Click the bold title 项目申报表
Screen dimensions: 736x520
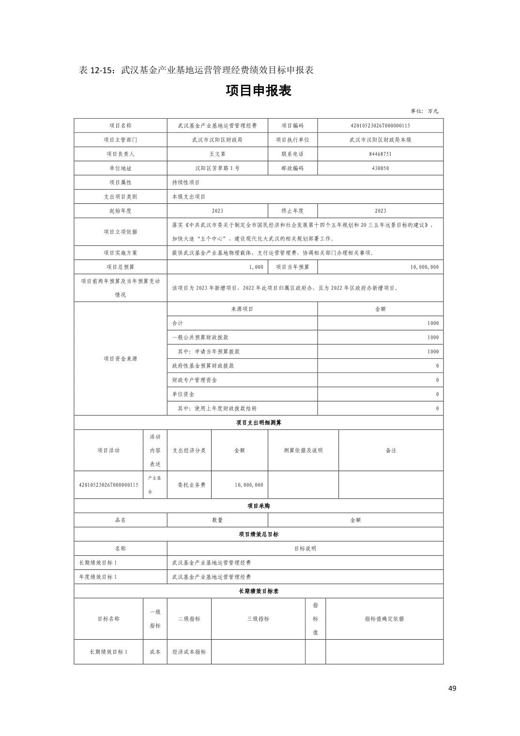259,91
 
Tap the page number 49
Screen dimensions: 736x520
452,688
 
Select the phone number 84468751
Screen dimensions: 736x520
380,154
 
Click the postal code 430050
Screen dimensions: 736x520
380,169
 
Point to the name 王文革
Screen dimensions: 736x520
217,154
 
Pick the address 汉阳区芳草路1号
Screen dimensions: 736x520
217,169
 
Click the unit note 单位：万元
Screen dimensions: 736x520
424,111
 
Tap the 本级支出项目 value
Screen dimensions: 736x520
189,197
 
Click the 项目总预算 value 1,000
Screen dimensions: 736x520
256,267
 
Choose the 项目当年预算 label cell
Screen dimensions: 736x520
292,267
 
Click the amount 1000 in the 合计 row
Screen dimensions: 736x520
433,323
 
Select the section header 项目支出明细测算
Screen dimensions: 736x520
259,422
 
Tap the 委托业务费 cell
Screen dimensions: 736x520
189,485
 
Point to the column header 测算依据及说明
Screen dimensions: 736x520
303,450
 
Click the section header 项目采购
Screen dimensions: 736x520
259,506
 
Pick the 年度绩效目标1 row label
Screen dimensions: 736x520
98,577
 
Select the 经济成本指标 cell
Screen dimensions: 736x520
189,652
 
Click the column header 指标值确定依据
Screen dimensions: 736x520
384,618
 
